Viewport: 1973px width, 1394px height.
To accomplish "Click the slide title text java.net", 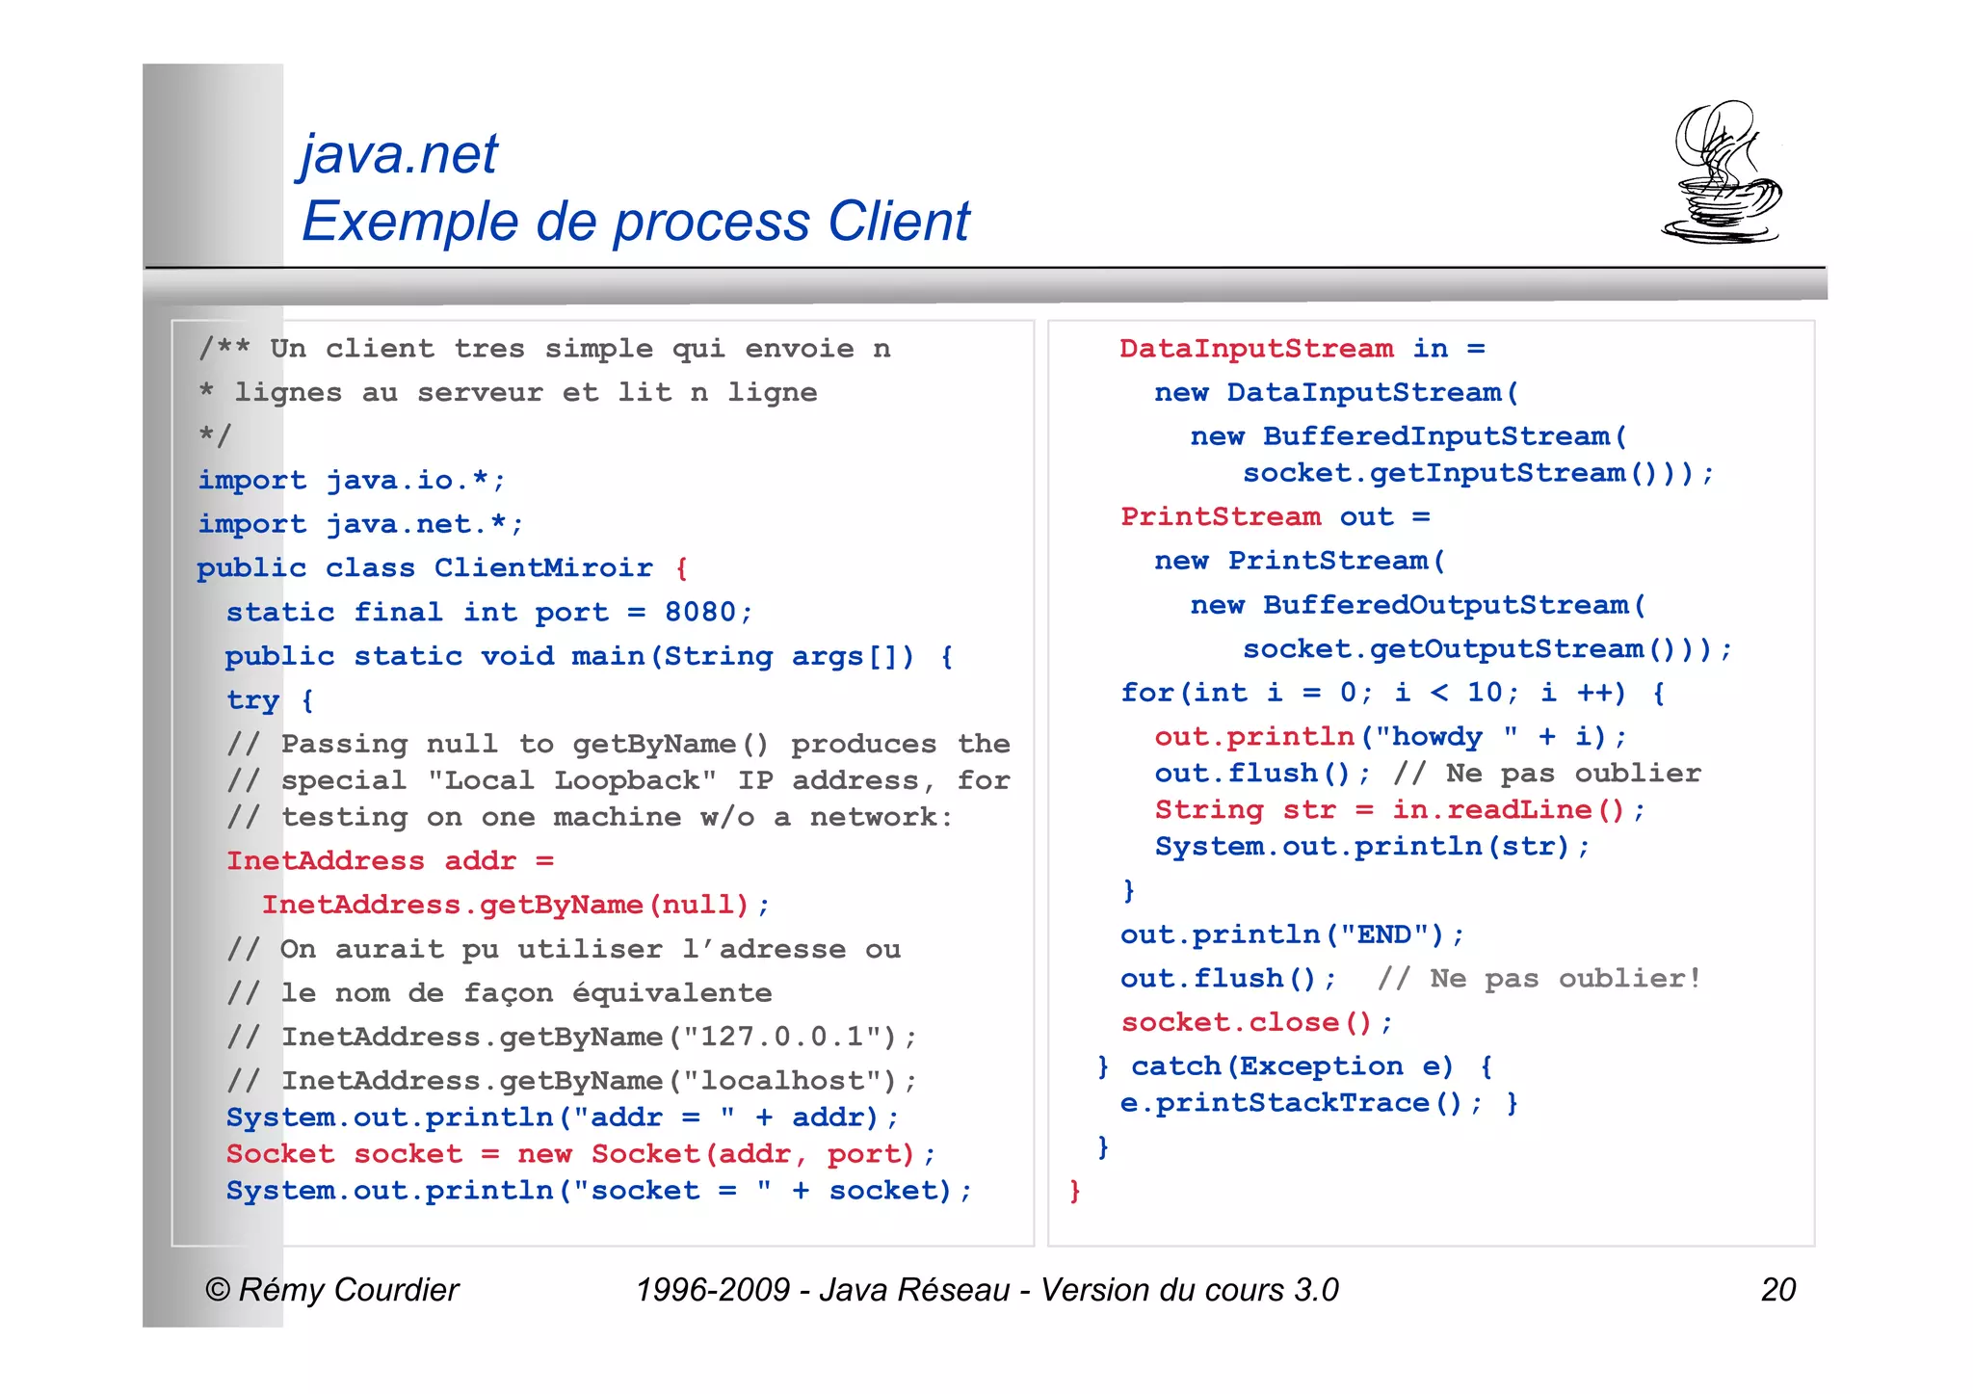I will point(400,154).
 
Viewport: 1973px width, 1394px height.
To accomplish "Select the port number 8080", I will point(700,612).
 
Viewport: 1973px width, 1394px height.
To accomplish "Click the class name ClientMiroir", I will point(543,567).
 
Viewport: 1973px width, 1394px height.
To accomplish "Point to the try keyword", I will point(252,700).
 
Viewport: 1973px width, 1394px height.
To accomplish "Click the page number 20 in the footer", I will point(1777,1289).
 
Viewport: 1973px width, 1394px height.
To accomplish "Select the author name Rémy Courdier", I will point(348,1289).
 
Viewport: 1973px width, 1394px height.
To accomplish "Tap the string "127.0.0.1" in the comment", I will point(782,1037).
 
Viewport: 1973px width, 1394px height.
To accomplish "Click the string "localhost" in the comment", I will point(781,1081).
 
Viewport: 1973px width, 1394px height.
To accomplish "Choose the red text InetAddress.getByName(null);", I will point(515,905).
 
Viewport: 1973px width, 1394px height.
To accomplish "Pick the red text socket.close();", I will point(1256,1022).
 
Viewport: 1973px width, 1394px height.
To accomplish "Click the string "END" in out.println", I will point(1385,934).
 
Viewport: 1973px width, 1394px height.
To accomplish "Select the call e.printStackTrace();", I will point(1301,1103).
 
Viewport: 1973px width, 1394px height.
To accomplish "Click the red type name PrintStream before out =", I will point(1221,516).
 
